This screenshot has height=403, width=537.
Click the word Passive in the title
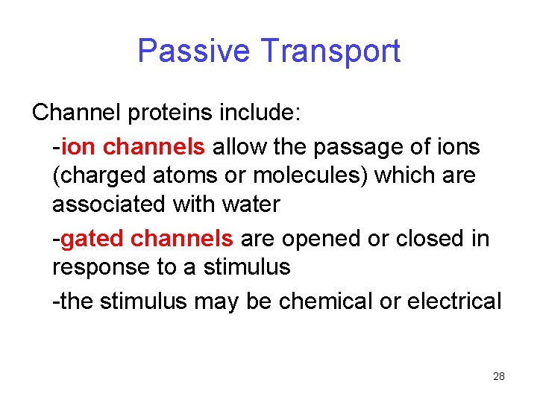point(194,51)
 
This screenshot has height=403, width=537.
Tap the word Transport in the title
point(330,51)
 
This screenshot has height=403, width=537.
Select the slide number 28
point(499,376)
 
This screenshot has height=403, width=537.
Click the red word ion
point(78,147)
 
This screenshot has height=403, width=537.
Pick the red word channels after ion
point(154,147)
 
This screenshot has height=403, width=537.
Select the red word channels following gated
point(182,239)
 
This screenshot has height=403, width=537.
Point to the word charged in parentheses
point(97,176)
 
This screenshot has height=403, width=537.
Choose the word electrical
point(462,301)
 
